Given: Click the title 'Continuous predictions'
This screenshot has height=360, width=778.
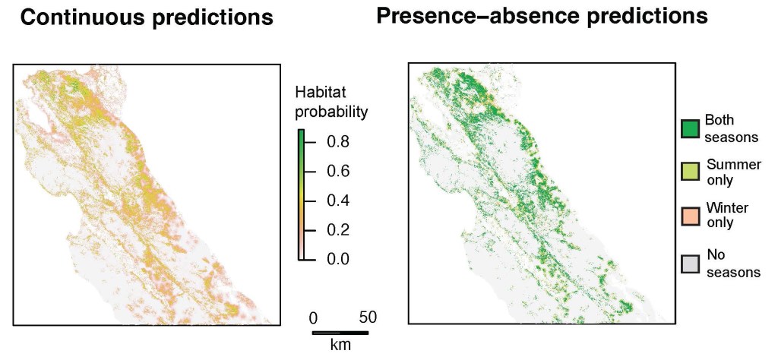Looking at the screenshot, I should coord(147,17).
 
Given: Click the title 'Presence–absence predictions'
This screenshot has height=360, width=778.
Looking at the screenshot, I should coord(542,16).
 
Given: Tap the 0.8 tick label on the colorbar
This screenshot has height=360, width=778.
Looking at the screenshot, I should coord(337,142).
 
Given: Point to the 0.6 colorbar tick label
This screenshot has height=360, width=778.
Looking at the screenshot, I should coord(337,172).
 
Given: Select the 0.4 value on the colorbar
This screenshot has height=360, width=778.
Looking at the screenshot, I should coord(337,201).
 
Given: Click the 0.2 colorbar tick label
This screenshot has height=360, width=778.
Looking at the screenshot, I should coord(337,230).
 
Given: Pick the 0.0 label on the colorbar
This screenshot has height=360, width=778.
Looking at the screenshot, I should coord(337,259).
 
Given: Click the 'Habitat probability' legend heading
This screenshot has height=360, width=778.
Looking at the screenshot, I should coord(330,103).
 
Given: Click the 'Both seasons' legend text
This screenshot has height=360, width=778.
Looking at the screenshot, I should coord(732,128).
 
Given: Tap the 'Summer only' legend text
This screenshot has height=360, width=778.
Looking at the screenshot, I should coord(733,172).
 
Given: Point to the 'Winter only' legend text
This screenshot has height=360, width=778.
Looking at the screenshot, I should coord(727,215).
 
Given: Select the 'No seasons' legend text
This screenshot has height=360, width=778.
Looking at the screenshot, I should coord(733,263).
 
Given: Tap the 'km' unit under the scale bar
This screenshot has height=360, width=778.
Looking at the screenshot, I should coord(340,345).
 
